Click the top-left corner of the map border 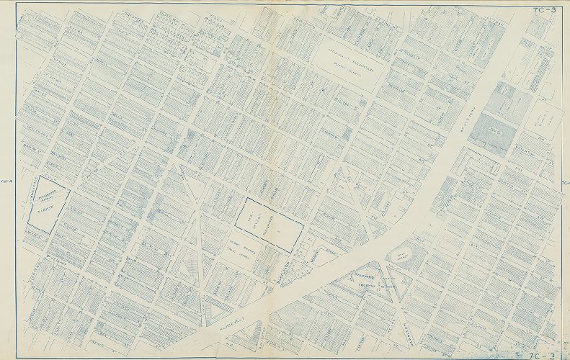coord(16,6)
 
